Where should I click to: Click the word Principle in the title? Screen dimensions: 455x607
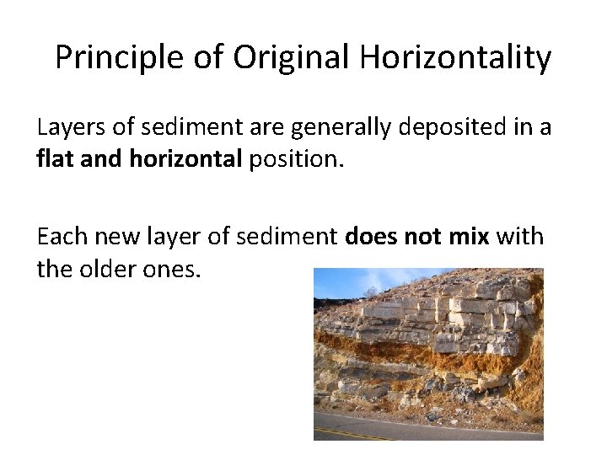[x=111, y=58]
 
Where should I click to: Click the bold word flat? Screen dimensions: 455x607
[x=55, y=159]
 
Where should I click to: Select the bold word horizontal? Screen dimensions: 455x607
[x=185, y=159]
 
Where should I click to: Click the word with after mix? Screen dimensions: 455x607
[x=519, y=238]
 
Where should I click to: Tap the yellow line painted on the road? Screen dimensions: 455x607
[x=354, y=431]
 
